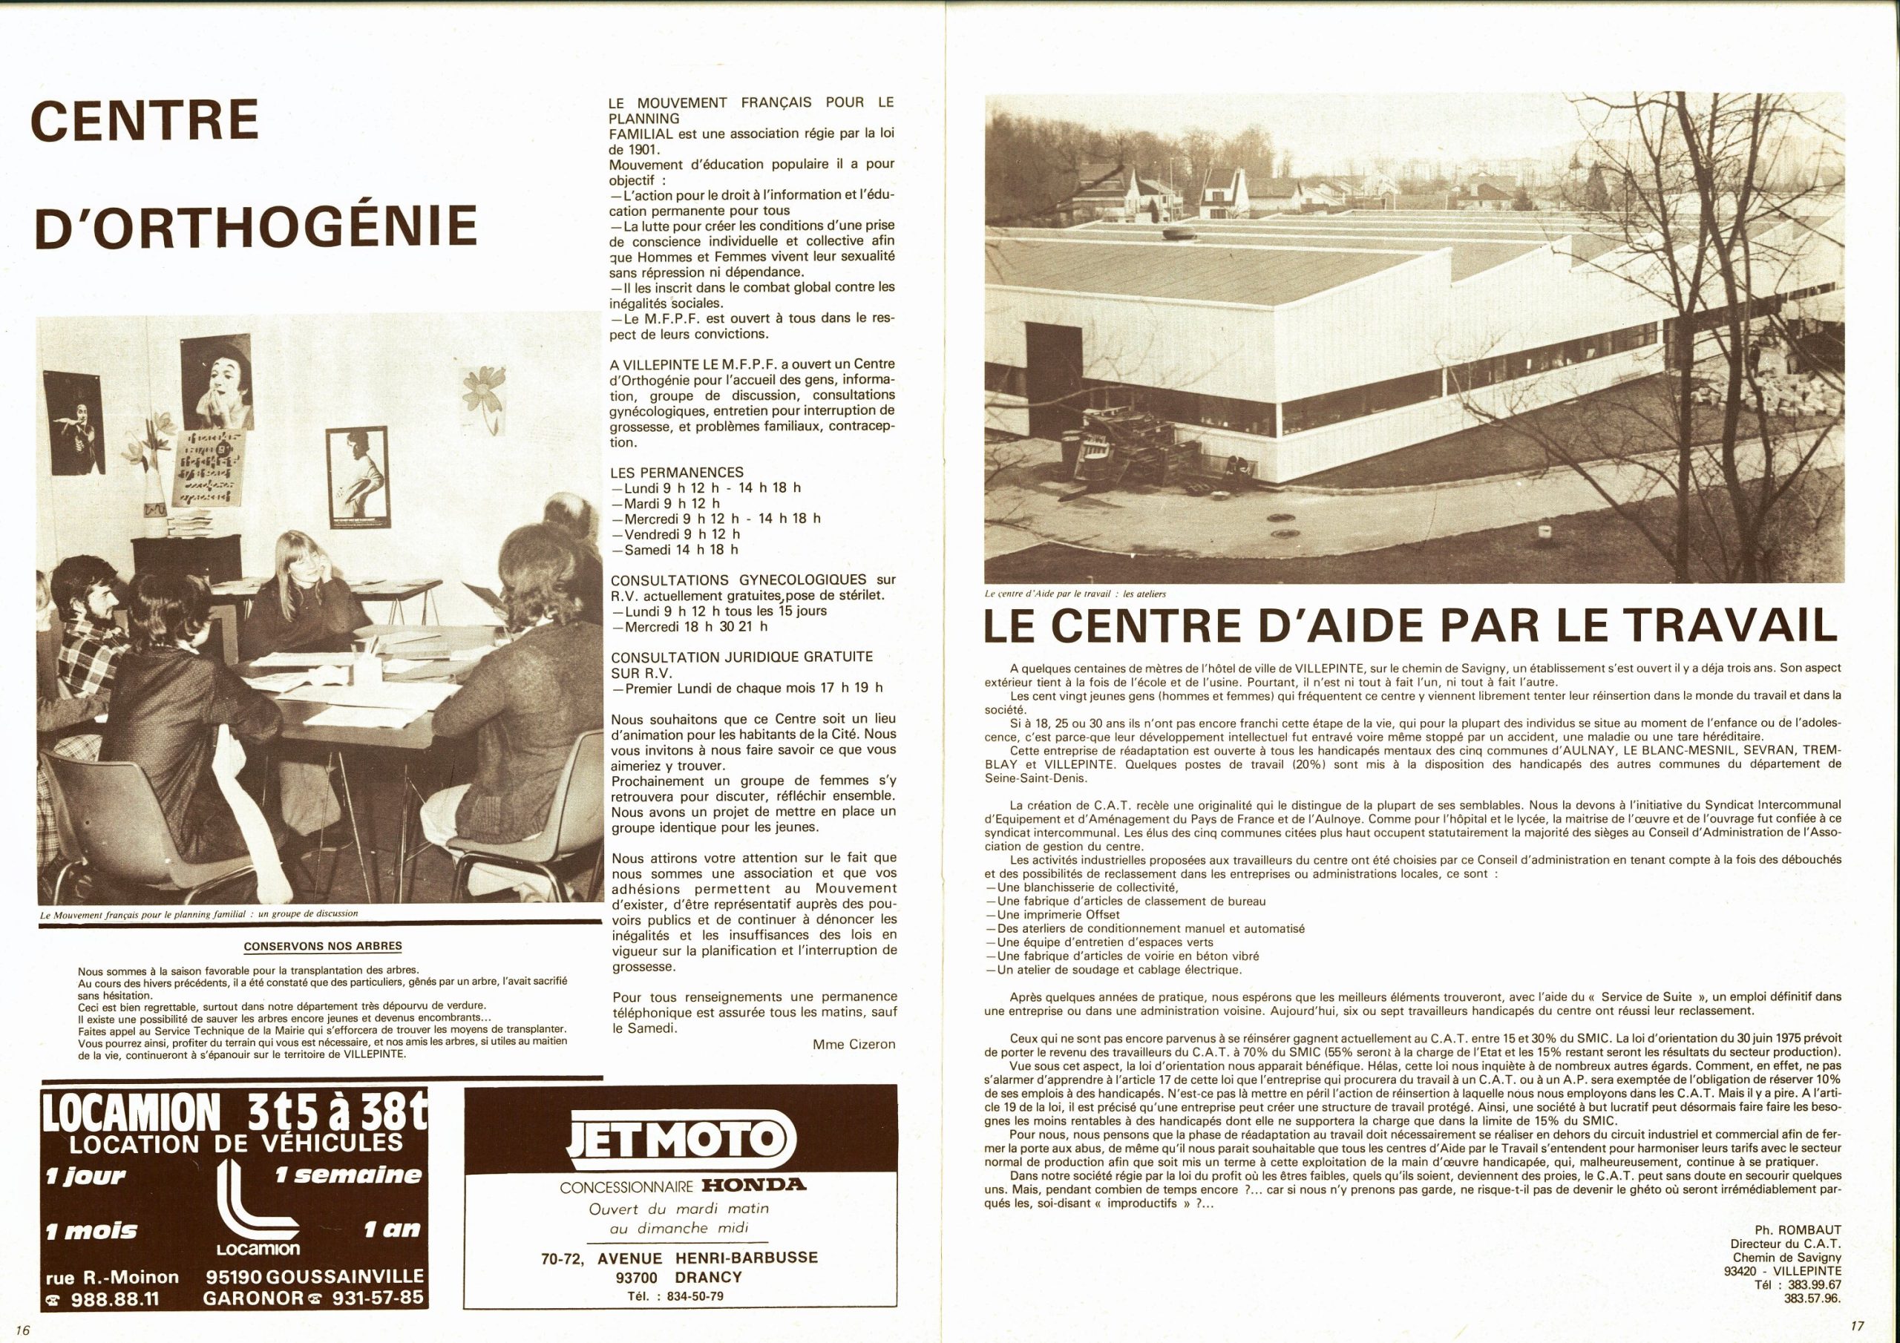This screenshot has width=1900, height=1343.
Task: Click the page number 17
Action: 1857,1327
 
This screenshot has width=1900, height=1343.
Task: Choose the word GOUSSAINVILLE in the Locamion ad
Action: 315,1276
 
